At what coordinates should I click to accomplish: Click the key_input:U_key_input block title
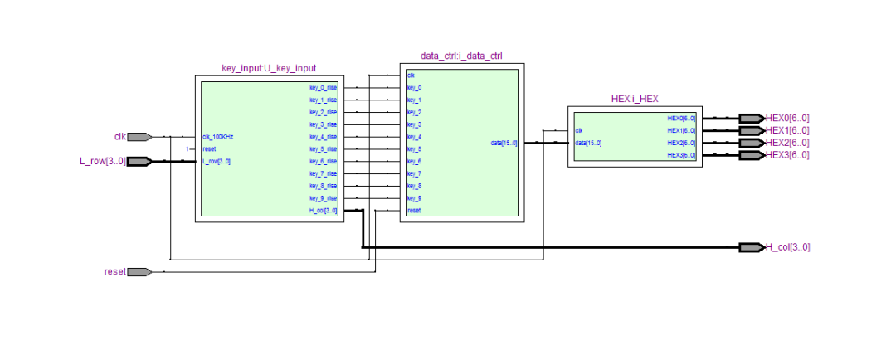[x=269, y=68]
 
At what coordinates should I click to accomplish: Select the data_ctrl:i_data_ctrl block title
[x=461, y=56]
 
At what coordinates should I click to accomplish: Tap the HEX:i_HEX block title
[x=635, y=98]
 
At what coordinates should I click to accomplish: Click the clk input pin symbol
[x=139, y=137]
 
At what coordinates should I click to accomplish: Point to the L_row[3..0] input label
[x=103, y=161]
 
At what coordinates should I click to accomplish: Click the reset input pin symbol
[x=139, y=272]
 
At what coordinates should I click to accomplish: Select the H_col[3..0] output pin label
[x=787, y=247]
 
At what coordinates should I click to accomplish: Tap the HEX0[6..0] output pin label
[x=787, y=118]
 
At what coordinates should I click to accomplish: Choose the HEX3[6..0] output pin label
[x=787, y=155]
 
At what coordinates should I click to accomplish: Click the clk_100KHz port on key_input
[x=218, y=137]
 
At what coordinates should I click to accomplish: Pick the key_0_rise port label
[x=323, y=87]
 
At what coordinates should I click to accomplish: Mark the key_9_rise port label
[x=323, y=198]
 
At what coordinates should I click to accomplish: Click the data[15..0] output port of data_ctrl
[x=503, y=143]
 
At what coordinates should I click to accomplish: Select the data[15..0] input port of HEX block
[x=588, y=143]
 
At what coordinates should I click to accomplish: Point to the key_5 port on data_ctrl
[x=414, y=149]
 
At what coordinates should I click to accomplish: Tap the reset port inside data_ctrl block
[x=414, y=211]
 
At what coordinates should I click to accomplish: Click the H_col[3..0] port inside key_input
[x=323, y=211]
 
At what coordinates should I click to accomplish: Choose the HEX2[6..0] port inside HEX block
[x=681, y=143]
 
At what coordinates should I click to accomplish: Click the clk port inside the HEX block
[x=579, y=130]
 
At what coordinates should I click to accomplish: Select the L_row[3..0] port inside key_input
[x=217, y=161]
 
